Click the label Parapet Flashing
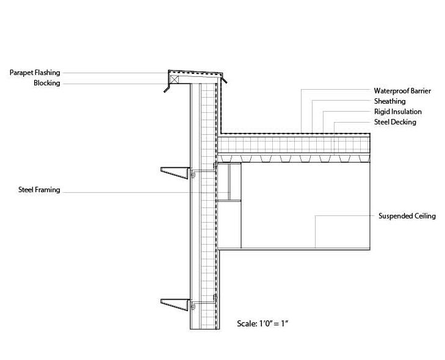[x=35, y=73]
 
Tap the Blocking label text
[x=47, y=83]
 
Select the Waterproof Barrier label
[x=402, y=91]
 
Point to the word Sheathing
[x=389, y=101]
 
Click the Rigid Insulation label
[x=397, y=112]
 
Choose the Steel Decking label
[x=395, y=122]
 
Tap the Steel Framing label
[x=39, y=190]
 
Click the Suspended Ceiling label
[x=407, y=216]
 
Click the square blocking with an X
[x=175, y=78]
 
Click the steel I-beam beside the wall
[x=231, y=182]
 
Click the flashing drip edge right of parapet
[x=225, y=79]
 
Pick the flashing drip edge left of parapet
[x=167, y=89]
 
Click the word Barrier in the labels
[x=419, y=91]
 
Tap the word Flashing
[x=48, y=73]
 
